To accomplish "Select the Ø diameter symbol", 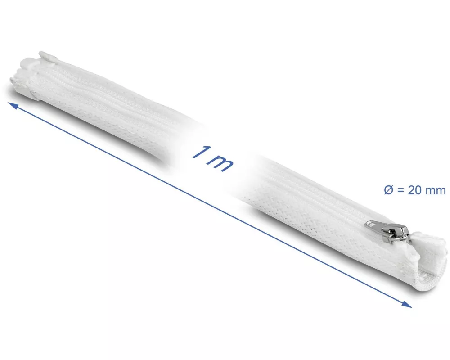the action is click(388, 190).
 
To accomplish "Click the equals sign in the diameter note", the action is click(400, 190).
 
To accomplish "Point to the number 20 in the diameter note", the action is click(414, 190).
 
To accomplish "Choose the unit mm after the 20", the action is click(435, 191).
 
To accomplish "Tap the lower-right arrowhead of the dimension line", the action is click(407, 304).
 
